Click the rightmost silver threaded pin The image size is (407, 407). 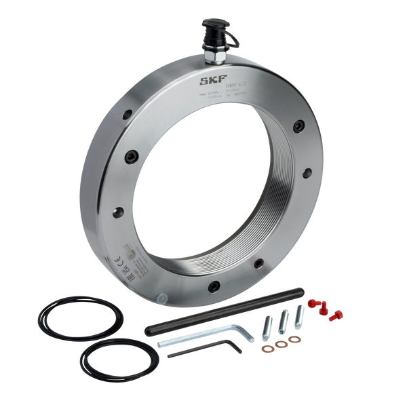299,313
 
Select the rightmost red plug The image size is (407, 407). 334,314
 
